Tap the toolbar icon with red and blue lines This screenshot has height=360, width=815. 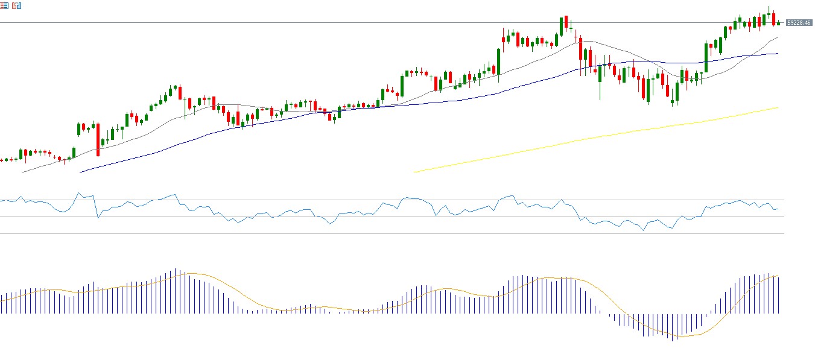pos(5,5)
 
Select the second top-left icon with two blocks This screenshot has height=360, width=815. pos(16,5)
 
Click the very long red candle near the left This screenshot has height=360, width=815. pos(98,140)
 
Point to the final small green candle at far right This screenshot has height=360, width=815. pos(779,24)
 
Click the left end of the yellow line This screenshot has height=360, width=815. pos(414,172)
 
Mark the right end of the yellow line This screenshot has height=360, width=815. pos(778,108)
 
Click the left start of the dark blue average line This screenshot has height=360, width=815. pos(80,172)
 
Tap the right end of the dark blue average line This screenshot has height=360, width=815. pos(778,54)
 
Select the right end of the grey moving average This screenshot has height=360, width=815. pos(778,37)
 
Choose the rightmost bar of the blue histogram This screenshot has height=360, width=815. pos(778,295)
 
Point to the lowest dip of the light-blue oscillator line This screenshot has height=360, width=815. pos(643,230)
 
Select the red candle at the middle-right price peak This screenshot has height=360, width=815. pos(567,24)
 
